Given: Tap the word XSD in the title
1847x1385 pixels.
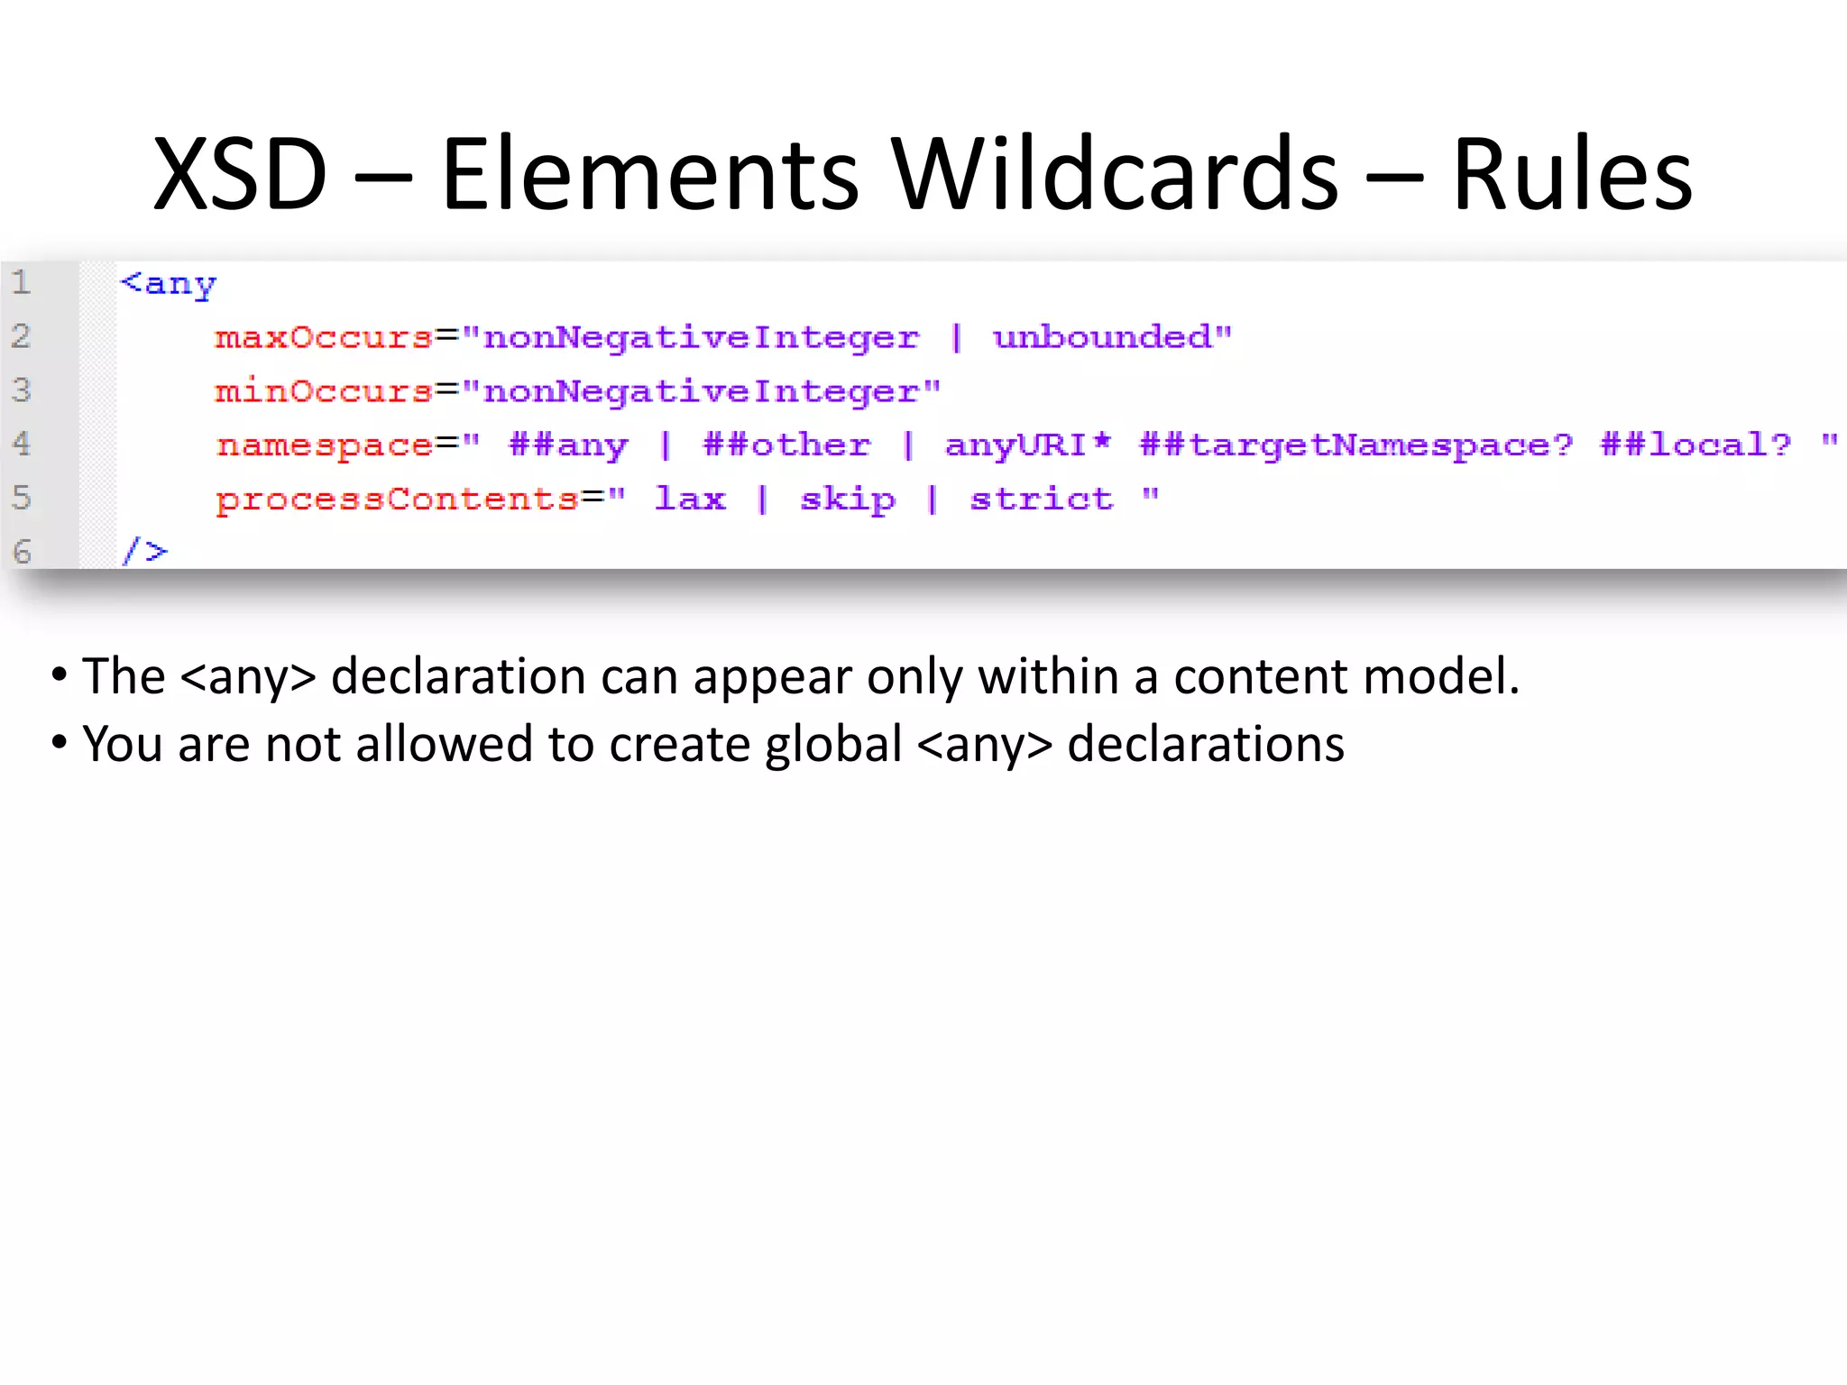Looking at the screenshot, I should pos(240,173).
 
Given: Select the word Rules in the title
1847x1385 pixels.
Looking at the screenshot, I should pos(1572,173).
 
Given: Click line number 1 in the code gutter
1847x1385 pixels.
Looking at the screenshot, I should pos(22,282).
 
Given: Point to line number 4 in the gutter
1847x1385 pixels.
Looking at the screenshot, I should pos(22,444).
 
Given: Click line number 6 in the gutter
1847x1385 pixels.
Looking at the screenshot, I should pos(22,551).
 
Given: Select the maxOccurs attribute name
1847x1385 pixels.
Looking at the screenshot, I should pos(324,337).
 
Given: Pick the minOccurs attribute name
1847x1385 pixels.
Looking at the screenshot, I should pos(324,391).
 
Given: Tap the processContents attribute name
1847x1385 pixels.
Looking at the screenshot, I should pos(397,500).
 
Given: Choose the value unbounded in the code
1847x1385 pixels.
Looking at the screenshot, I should pos(1102,337).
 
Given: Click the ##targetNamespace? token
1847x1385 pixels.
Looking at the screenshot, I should pos(1355,445).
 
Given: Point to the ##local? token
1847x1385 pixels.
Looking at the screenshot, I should pos(1695,445).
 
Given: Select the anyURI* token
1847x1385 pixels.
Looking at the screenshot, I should pos(1027,445).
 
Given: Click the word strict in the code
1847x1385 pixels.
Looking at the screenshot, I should pos(1042,499).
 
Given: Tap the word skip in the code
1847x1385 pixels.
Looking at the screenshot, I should pos(848,500).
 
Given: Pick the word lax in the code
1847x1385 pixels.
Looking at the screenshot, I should pos(690,499).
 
